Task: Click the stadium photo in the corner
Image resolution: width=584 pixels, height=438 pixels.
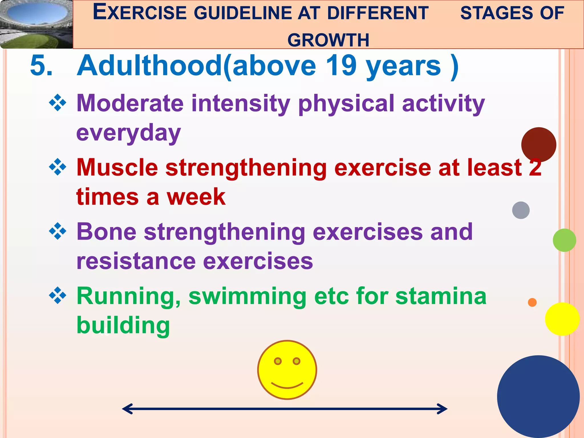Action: pyautogui.click(x=36, y=24)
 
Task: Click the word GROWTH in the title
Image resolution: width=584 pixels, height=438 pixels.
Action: pyautogui.click(x=328, y=40)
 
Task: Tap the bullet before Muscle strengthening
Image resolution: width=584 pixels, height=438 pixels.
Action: pyautogui.click(x=58, y=167)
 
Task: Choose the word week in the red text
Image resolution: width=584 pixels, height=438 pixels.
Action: pyautogui.click(x=196, y=197)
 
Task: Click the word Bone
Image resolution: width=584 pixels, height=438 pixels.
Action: pyautogui.click(x=106, y=232)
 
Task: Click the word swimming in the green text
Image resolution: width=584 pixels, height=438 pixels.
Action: pyautogui.click(x=248, y=297)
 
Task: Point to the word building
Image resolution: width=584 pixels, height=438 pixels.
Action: pyautogui.click(x=123, y=326)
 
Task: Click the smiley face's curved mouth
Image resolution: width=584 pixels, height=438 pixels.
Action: pyautogui.click(x=287, y=386)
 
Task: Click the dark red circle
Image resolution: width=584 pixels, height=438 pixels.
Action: pyautogui.click(x=538, y=144)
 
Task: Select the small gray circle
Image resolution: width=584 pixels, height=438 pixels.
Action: pyautogui.click(x=521, y=210)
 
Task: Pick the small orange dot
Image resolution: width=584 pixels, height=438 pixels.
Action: pyautogui.click(x=532, y=302)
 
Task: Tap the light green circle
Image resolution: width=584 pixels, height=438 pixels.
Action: pyautogui.click(x=564, y=240)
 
